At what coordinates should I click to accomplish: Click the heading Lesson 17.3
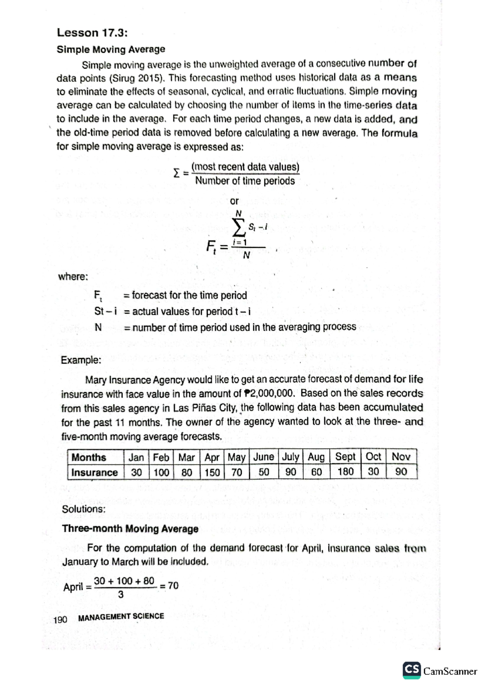click(x=92, y=33)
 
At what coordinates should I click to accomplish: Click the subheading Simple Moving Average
click(x=111, y=49)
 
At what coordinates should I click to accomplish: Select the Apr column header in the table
click(x=211, y=458)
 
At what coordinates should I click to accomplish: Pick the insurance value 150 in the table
click(x=212, y=472)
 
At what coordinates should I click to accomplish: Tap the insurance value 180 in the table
click(x=345, y=472)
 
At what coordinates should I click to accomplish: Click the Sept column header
click(x=345, y=457)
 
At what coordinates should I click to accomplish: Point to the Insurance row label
click(x=94, y=473)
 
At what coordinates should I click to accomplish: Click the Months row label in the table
click(x=89, y=458)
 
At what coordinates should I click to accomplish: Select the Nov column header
click(x=401, y=457)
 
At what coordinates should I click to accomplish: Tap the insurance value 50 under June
click(x=264, y=472)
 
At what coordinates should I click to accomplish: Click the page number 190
click(x=60, y=619)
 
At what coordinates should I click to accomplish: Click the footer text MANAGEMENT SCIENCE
click(x=121, y=617)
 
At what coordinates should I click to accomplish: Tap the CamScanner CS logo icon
click(x=411, y=670)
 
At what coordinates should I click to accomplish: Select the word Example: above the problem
click(x=81, y=360)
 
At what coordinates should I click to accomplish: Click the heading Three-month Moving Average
click(x=130, y=529)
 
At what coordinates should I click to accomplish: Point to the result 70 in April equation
click(x=173, y=586)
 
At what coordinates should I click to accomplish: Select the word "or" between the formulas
click(x=234, y=201)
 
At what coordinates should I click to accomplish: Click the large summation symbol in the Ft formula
click(x=238, y=228)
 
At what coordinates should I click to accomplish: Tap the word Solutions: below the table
click(x=84, y=509)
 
